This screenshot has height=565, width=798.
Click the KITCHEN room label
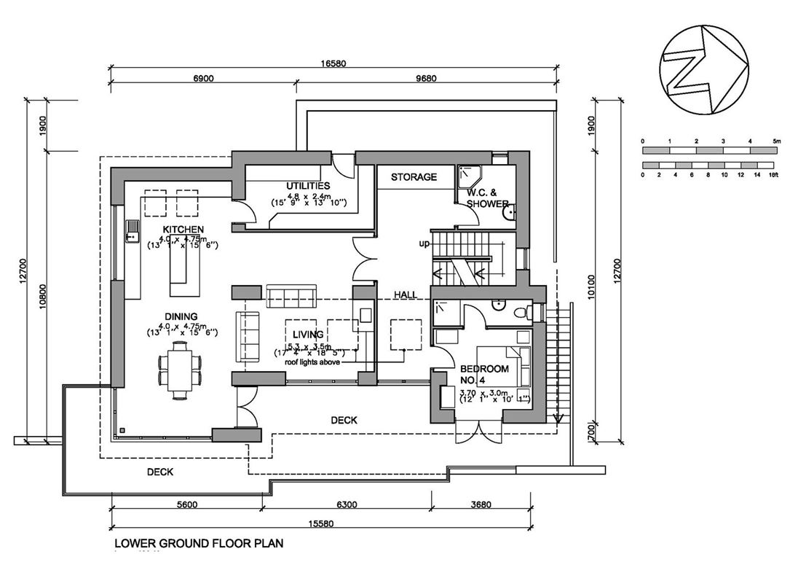[x=183, y=229]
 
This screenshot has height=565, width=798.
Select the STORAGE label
[x=414, y=177]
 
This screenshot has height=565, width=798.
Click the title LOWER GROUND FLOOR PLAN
[x=199, y=543]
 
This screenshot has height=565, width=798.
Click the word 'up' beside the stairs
[x=424, y=243]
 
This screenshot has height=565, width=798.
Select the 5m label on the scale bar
[x=776, y=141]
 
